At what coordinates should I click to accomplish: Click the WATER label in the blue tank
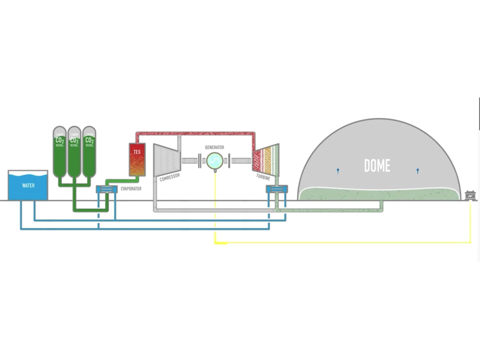[x=28, y=186]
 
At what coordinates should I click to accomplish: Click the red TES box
[x=137, y=159]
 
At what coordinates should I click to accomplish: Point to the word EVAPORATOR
[x=131, y=189]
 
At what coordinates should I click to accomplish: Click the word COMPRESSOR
[x=169, y=177]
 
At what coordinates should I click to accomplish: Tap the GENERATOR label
[x=214, y=147]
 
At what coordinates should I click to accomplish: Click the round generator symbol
[x=214, y=161]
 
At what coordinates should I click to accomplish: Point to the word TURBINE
[x=263, y=177]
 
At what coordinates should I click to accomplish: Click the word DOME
[x=377, y=165]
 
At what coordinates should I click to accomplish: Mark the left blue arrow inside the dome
[x=338, y=171]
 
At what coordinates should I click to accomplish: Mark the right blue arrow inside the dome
[x=418, y=171]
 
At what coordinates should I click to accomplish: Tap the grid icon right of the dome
[x=470, y=195]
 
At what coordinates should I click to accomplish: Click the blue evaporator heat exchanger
[x=107, y=189]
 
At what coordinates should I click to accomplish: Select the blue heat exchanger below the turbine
[x=277, y=189]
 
